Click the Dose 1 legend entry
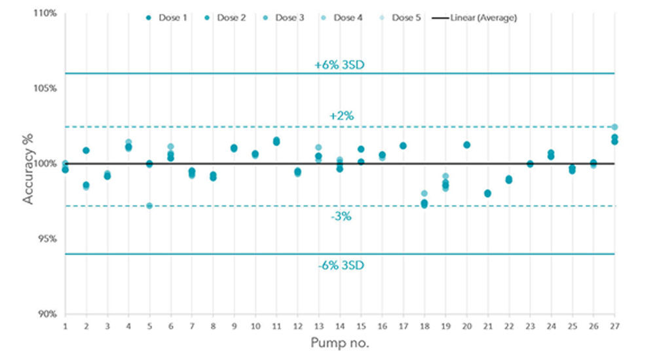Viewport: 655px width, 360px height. [x=168, y=18]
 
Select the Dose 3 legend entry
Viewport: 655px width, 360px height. [x=284, y=18]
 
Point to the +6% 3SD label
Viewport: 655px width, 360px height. [x=341, y=65]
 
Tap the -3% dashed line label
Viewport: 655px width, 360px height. [x=341, y=216]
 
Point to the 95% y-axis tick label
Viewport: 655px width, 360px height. [x=47, y=239]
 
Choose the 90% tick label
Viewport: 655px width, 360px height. [x=47, y=314]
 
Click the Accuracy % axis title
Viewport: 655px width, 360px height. [x=29, y=163]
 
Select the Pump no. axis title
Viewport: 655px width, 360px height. [x=341, y=343]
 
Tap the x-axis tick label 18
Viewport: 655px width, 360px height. [x=424, y=326]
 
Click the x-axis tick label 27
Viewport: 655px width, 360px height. [x=614, y=326]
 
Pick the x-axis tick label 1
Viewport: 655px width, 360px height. [x=65, y=326]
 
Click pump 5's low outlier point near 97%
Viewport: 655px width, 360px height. [x=149, y=206]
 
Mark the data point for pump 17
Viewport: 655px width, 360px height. [x=403, y=146]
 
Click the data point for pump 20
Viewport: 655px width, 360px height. [x=466, y=145]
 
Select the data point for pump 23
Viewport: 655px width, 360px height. [x=530, y=164]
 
